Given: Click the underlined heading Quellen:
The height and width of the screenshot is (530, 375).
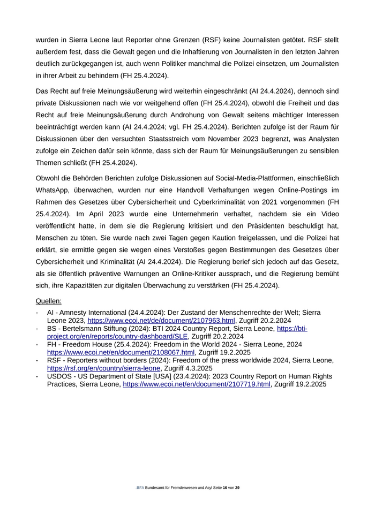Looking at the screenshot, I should tap(49, 301).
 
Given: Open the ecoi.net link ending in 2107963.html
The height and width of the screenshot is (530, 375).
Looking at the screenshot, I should tap(161, 321).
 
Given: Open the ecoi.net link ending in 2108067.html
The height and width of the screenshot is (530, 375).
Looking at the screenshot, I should tap(121, 352).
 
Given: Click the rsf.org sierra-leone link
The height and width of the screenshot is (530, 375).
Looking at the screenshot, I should tap(103, 368).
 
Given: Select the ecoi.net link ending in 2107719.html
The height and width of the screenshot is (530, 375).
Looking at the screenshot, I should tap(197, 384).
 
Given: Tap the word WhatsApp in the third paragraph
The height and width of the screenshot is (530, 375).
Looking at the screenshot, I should tap(55, 190).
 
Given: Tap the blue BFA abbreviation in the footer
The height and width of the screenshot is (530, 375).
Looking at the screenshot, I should tap(140, 488).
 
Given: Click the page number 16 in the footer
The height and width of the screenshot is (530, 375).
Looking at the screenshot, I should tap(225, 488).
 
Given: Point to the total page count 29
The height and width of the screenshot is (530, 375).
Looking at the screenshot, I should tap(237, 488).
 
